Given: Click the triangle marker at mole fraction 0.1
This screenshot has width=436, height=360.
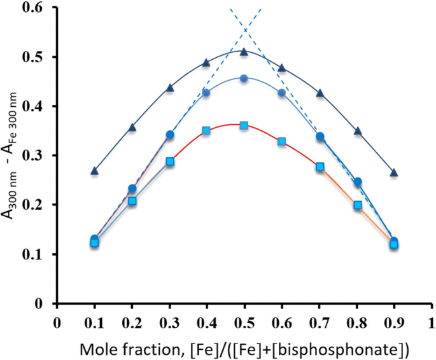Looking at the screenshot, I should pos(94,170).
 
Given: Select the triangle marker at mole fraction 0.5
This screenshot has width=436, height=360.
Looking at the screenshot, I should pos(244,51).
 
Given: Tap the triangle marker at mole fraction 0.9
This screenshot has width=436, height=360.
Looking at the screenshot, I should pos(394,172).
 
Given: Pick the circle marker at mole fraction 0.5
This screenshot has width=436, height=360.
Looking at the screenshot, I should pos(244,78).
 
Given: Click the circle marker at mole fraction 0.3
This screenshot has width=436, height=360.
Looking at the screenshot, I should pos(169,135).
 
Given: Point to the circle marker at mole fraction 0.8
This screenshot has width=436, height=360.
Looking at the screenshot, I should pos(357,182).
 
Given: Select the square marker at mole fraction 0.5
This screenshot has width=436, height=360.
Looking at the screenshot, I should pos(244,125).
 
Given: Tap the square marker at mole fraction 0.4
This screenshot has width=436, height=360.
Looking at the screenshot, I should pos(206,130).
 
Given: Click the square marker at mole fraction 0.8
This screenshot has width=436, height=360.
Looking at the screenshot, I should pos(357,205).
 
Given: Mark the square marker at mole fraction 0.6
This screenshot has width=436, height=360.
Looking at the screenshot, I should pos(281,141).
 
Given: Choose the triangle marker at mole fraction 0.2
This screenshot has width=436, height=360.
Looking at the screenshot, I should pos(132,127).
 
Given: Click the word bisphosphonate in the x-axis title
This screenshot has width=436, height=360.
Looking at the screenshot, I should pos(356,348).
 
